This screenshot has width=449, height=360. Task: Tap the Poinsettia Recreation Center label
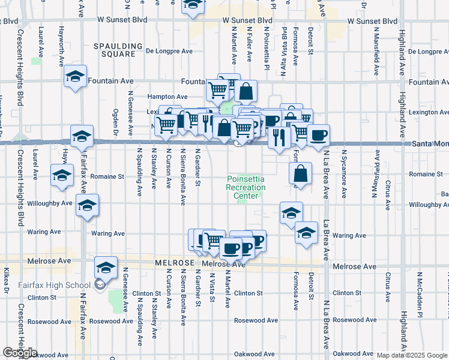(246, 187)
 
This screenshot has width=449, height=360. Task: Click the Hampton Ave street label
(168, 96)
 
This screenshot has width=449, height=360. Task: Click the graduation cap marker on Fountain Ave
(76, 76)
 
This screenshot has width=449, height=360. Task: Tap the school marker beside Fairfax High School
(106, 268)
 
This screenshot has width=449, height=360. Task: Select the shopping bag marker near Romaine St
(300, 173)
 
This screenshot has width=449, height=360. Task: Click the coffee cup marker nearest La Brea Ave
(318, 134)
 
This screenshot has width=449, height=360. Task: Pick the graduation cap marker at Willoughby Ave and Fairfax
(88, 205)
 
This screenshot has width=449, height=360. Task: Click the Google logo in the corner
(20, 353)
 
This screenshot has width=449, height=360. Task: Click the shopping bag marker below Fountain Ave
(246, 92)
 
